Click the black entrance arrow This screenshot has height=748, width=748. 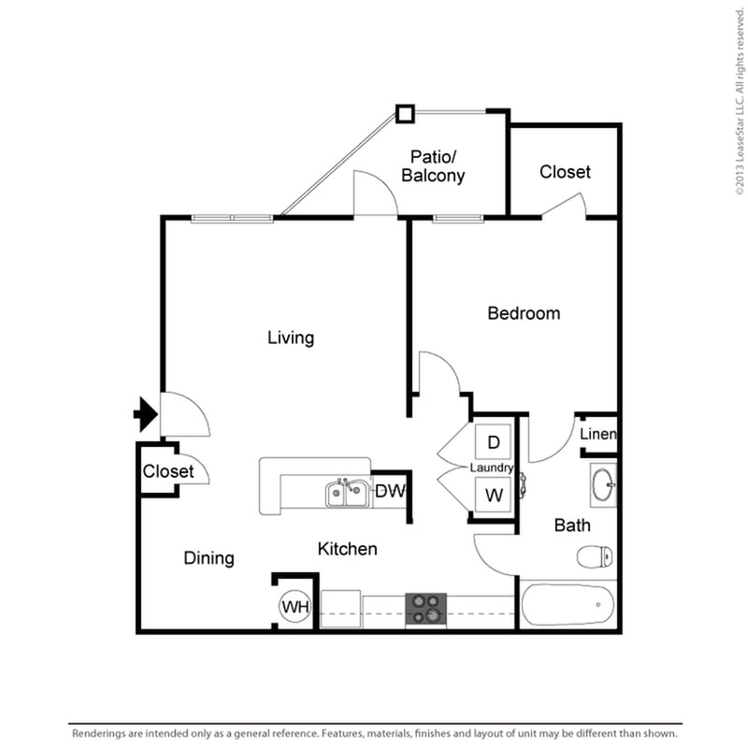point(144,413)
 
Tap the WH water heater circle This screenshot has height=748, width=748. point(295,607)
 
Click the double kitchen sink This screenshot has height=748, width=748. point(348,493)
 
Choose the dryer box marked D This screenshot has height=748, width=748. point(494,441)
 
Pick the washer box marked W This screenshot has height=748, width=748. point(494,495)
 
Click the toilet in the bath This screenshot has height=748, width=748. point(595,558)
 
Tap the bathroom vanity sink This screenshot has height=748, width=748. point(603,485)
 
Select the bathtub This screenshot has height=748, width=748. point(567,606)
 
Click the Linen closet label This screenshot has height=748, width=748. point(597,435)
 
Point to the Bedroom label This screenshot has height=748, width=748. point(524,313)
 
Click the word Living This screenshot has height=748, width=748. point(290,338)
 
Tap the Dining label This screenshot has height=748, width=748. point(209,558)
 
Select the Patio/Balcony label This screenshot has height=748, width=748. point(432,165)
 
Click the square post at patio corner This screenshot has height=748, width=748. point(405,114)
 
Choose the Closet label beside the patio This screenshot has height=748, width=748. point(565,172)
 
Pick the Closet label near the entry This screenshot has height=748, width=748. point(168,471)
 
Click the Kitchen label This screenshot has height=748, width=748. point(347,549)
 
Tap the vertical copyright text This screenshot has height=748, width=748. point(738,98)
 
